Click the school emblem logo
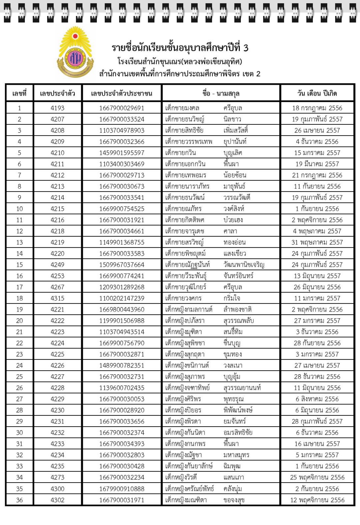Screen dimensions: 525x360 pyautogui.click(x=76, y=52)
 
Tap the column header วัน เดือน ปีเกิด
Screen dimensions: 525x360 pyautogui.click(x=317, y=94)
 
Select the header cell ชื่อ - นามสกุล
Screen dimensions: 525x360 pyautogui.click(x=218, y=94)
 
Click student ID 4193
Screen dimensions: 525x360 pyautogui.click(x=57, y=108)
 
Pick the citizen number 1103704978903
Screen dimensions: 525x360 pyautogui.click(x=122, y=130)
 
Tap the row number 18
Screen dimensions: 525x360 pyautogui.click(x=19, y=298)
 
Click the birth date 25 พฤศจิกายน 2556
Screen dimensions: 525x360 pyautogui.click(x=317, y=477)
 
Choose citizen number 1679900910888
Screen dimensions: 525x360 pyautogui.click(x=122, y=489)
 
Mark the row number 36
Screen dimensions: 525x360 pyautogui.click(x=19, y=500)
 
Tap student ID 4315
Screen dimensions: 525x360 pyautogui.click(x=57, y=298)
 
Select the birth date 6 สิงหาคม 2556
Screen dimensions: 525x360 pyautogui.click(x=317, y=399)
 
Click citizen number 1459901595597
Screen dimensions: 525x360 pyautogui.click(x=122, y=153)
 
